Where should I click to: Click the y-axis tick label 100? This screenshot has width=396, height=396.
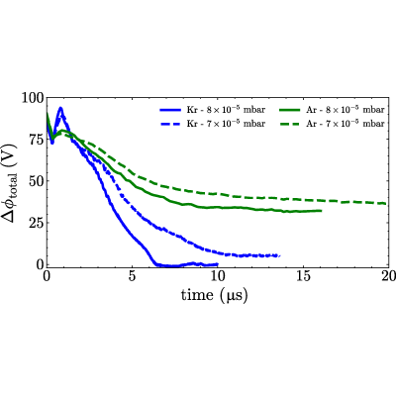pyautogui.click(x=33, y=98)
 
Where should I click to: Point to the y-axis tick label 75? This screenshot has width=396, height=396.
pyautogui.click(x=37, y=140)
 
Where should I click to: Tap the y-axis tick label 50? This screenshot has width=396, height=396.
pyautogui.click(x=37, y=181)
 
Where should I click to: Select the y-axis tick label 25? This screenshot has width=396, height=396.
pyautogui.click(x=37, y=223)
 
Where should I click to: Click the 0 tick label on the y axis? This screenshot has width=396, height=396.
pyautogui.click(x=41, y=264)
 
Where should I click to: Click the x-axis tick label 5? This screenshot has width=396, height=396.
pyautogui.click(x=132, y=276)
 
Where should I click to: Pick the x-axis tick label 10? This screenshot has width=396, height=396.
pyautogui.click(x=217, y=276)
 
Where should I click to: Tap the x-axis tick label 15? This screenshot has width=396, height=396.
pyautogui.click(x=303, y=276)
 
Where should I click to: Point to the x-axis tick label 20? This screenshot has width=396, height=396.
pyautogui.click(x=388, y=276)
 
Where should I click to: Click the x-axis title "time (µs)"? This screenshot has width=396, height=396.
pyautogui.click(x=214, y=295)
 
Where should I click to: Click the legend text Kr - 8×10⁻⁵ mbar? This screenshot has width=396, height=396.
pyautogui.click(x=226, y=109)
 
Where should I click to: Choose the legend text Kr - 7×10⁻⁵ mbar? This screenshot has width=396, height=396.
pyautogui.click(x=226, y=124)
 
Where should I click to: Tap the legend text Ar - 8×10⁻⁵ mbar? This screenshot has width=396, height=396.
pyautogui.click(x=346, y=109)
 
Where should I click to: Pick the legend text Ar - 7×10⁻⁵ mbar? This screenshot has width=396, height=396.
pyautogui.click(x=346, y=124)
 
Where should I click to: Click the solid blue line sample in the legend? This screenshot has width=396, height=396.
pyautogui.click(x=170, y=110)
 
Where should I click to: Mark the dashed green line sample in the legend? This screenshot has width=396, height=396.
pyautogui.click(x=290, y=124)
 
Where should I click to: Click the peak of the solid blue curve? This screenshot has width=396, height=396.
pyautogui.click(x=60, y=108)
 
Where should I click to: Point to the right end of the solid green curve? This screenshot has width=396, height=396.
pyautogui.click(x=321, y=211)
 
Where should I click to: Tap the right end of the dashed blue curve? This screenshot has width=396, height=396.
pyautogui.click(x=280, y=255)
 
